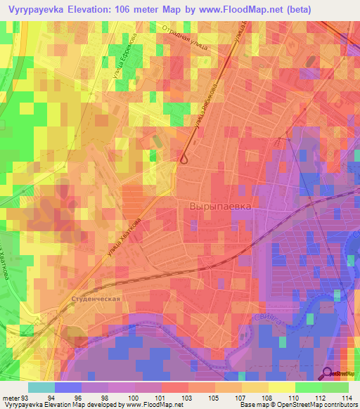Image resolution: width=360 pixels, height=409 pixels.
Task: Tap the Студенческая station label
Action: point(97,298)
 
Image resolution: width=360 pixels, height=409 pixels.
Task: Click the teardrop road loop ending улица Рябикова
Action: point(184,158)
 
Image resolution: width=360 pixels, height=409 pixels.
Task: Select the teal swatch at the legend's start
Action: point(41,387)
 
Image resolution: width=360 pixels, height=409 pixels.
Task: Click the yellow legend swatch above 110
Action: point(282,387)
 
